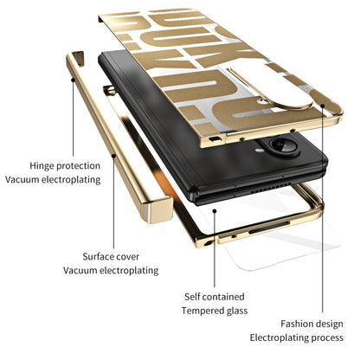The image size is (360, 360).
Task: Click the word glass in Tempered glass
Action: coord(234,311)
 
